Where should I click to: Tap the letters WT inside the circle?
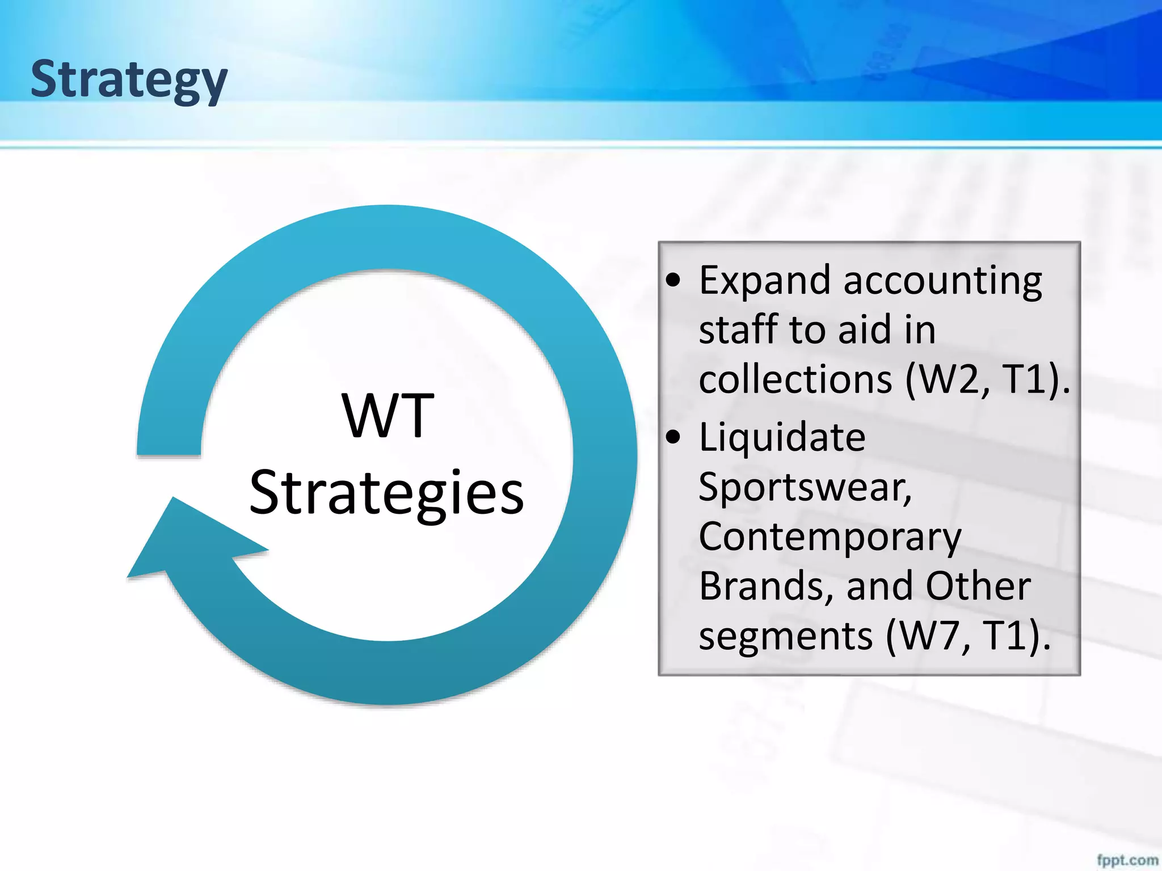tap(388, 417)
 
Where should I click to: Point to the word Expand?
tap(764, 281)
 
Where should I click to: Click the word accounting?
tap(942, 281)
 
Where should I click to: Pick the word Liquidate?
tap(782, 437)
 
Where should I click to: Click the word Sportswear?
tap(805, 487)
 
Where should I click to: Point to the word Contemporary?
tap(830, 537)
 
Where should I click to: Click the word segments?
tap(785, 636)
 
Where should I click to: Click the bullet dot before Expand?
tap(673, 280)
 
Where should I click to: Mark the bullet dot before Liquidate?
tap(673, 437)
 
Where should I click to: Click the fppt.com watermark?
tap(1127, 860)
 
